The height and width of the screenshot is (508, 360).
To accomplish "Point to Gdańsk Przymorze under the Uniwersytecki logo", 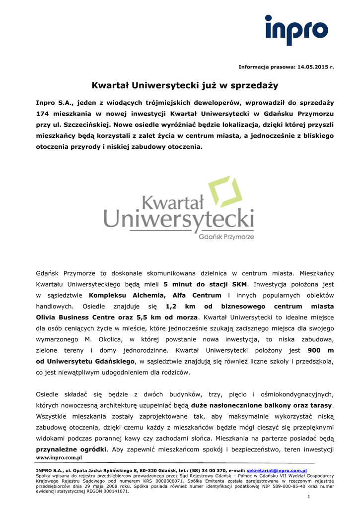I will coord(226,237).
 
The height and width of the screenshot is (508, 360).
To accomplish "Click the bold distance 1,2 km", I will coord(178,306).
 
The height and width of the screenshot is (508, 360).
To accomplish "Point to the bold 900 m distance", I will coord(321,350).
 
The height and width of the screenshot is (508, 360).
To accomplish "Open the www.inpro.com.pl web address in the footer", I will coord(59,457).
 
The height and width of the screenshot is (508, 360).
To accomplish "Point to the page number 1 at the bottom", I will coord(308,497).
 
